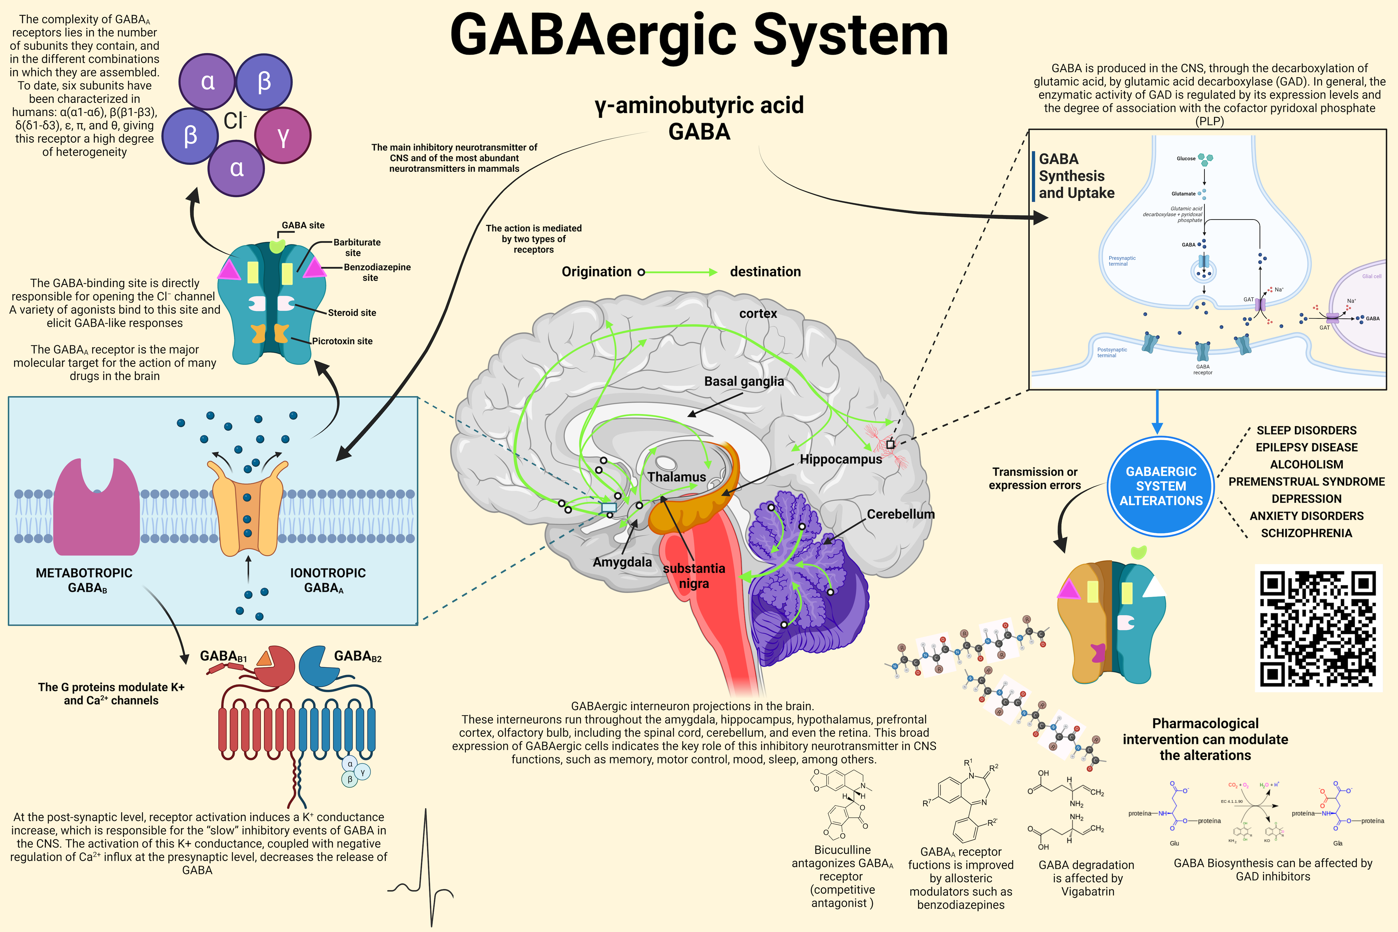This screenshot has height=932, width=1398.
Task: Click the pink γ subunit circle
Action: tap(283, 136)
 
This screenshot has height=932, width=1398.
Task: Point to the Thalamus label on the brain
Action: tap(676, 477)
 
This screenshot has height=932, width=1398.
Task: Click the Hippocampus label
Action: tap(841, 459)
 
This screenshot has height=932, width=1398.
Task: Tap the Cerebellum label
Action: tap(901, 514)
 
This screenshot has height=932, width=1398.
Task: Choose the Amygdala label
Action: tap(622, 562)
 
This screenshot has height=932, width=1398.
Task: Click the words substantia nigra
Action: tap(694, 575)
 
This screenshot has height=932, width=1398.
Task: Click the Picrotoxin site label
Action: tap(342, 341)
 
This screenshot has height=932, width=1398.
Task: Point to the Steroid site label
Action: tap(352, 313)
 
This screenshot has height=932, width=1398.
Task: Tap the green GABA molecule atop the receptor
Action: tap(277, 245)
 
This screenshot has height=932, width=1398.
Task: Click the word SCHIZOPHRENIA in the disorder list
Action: tap(1306, 533)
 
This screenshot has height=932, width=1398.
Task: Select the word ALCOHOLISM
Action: tap(1306, 464)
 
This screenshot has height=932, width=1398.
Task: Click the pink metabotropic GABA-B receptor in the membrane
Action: tap(96, 505)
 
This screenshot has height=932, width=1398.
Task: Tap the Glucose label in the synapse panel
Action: tap(1186, 159)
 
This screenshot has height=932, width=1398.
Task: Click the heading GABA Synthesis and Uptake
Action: tap(1076, 176)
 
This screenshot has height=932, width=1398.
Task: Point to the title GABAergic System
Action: tap(699, 36)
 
